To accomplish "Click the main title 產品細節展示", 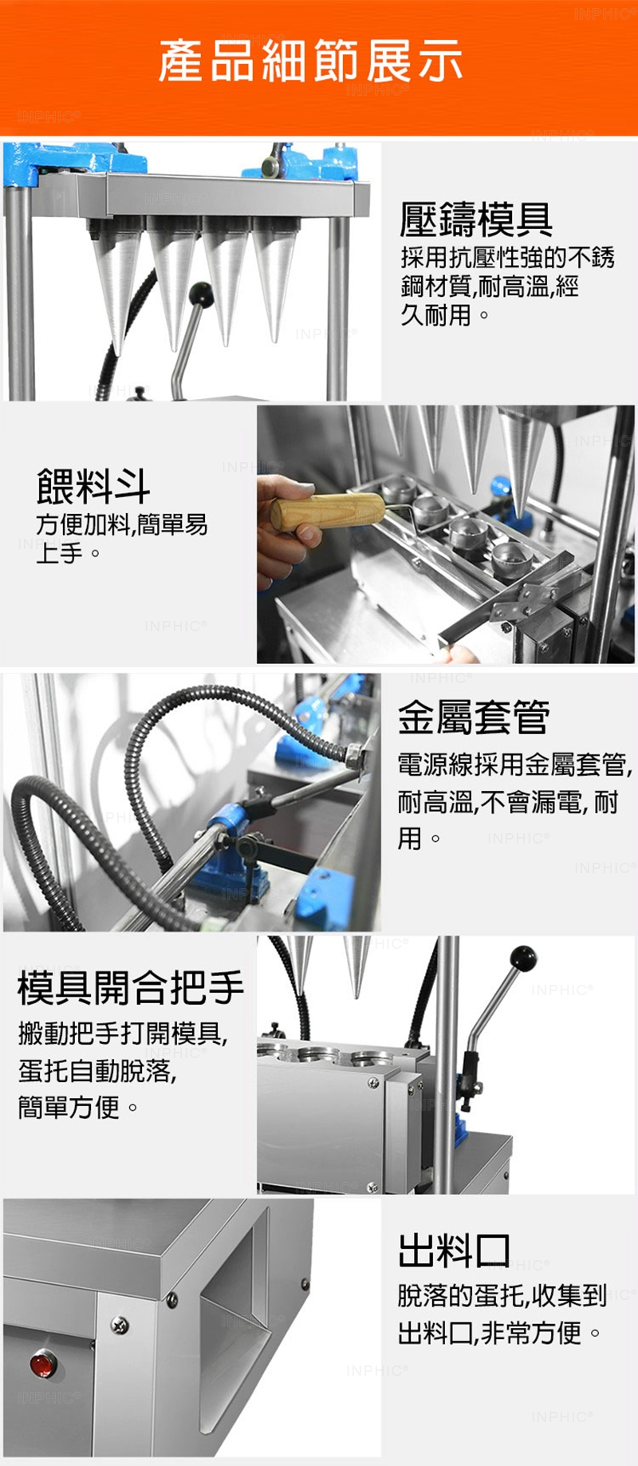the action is tap(310, 61).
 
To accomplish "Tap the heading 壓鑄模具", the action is tap(476, 219).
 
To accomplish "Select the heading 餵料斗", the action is tap(93, 486).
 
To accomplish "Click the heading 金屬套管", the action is tap(474, 716).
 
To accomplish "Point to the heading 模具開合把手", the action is tap(131, 987).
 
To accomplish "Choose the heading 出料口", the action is tap(455, 1251).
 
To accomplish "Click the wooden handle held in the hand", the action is tap(328, 510).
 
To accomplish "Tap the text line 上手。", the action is tap(69, 552).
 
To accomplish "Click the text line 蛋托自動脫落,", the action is tap(97, 1070).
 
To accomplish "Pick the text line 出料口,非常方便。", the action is tap(499, 1332).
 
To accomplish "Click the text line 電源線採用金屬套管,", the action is tap(515, 764).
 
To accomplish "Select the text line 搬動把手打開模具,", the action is tap(123, 1033).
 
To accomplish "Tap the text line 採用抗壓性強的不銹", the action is tap(507, 257).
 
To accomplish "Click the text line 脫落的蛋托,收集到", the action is tap(502, 1295).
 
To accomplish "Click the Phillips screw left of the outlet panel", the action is tap(120, 1325).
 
